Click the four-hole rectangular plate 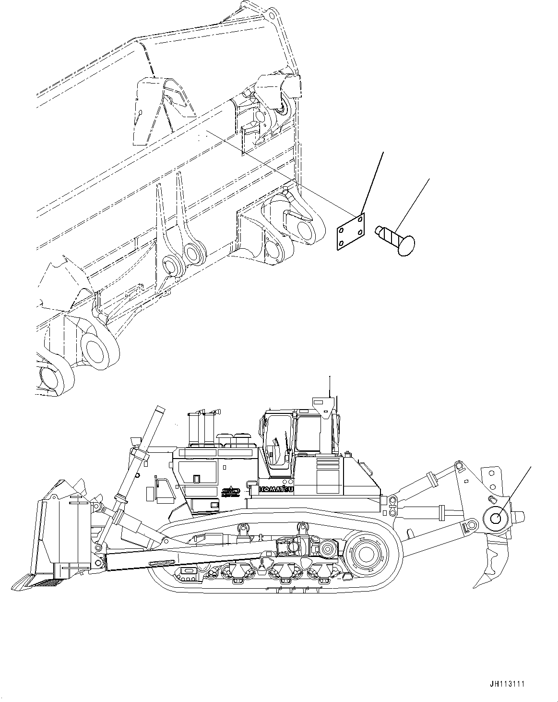click(x=349, y=232)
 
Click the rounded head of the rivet click(x=405, y=244)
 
